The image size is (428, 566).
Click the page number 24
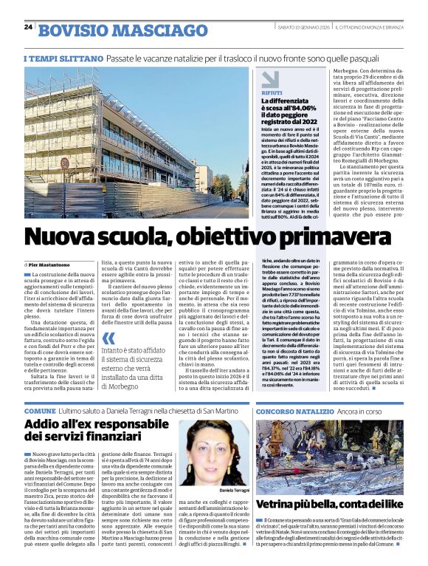pyautogui.click(x=28, y=27)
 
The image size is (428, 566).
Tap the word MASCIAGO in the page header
pyautogui.click(x=162, y=30)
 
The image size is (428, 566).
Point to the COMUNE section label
pyautogui.click(x=40, y=411)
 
